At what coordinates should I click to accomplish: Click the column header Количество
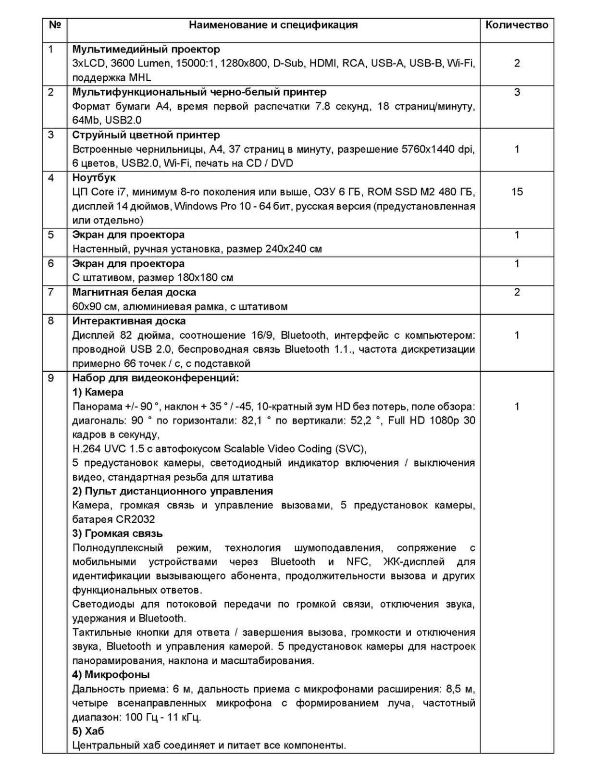coord(517,25)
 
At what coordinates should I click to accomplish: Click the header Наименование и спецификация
coord(273,25)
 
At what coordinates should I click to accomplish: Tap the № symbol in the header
coord(54,25)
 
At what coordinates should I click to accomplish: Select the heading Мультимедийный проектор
coord(146,49)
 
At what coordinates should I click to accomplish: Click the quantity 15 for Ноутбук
coord(517,192)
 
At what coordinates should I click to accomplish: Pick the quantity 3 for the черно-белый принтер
coord(517,92)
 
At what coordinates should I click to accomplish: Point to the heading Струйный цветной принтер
coord(146,135)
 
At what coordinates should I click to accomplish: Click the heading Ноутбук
coord(94,178)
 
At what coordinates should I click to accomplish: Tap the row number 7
coord(51,292)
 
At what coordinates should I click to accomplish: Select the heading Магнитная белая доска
coord(134,292)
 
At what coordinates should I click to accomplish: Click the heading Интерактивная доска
coord(129,321)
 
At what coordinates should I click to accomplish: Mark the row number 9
coord(51,378)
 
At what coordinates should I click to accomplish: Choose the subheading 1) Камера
coord(98,392)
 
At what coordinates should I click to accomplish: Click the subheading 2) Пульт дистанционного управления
coord(173,491)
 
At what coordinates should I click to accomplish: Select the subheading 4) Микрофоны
coord(111,675)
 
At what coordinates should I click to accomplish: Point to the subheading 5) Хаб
coord(88,731)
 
